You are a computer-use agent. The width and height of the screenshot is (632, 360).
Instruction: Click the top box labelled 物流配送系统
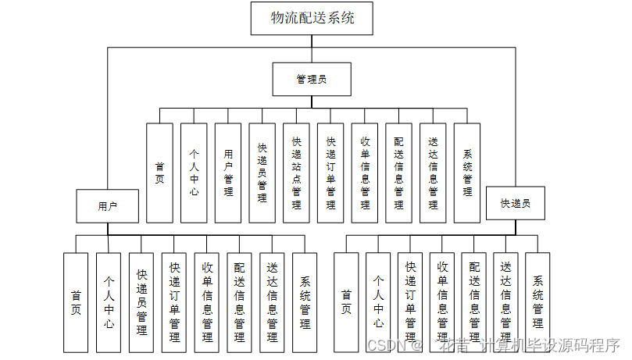[x=312, y=18]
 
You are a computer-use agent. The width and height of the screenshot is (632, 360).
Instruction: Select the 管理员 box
[x=311, y=80]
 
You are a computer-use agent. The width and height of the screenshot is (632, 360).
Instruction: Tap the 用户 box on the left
[x=108, y=207]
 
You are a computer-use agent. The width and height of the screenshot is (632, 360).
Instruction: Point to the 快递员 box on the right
[x=516, y=203]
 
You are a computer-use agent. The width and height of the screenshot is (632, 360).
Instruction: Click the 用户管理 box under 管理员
[x=228, y=173]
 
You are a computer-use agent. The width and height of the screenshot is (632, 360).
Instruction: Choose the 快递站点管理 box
[x=296, y=173]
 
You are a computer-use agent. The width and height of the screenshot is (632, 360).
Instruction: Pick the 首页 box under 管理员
[x=160, y=173]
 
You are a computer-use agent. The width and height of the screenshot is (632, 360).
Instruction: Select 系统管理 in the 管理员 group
[x=467, y=173]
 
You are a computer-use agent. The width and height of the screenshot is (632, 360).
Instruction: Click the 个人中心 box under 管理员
[x=194, y=173]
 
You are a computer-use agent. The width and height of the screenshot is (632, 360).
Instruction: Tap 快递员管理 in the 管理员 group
[x=262, y=173]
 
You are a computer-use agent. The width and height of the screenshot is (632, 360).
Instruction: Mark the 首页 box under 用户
[x=76, y=301]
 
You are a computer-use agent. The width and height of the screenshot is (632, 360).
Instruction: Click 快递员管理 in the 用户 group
[x=141, y=301]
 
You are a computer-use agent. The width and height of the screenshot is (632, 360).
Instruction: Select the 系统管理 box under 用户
[x=305, y=301]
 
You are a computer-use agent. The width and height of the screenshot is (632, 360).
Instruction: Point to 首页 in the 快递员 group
[x=346, y=301]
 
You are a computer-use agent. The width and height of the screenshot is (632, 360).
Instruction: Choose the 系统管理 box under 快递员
[x=537, y=301]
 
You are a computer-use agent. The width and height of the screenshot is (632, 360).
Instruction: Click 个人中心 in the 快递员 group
[x=378, y=301]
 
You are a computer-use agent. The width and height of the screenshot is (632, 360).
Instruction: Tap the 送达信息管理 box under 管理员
[x=433, y=173]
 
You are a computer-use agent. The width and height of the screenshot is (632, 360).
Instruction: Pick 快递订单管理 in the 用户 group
[x=174, y=301]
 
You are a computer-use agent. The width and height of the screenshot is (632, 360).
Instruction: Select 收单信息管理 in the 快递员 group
[x=442, y=301]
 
